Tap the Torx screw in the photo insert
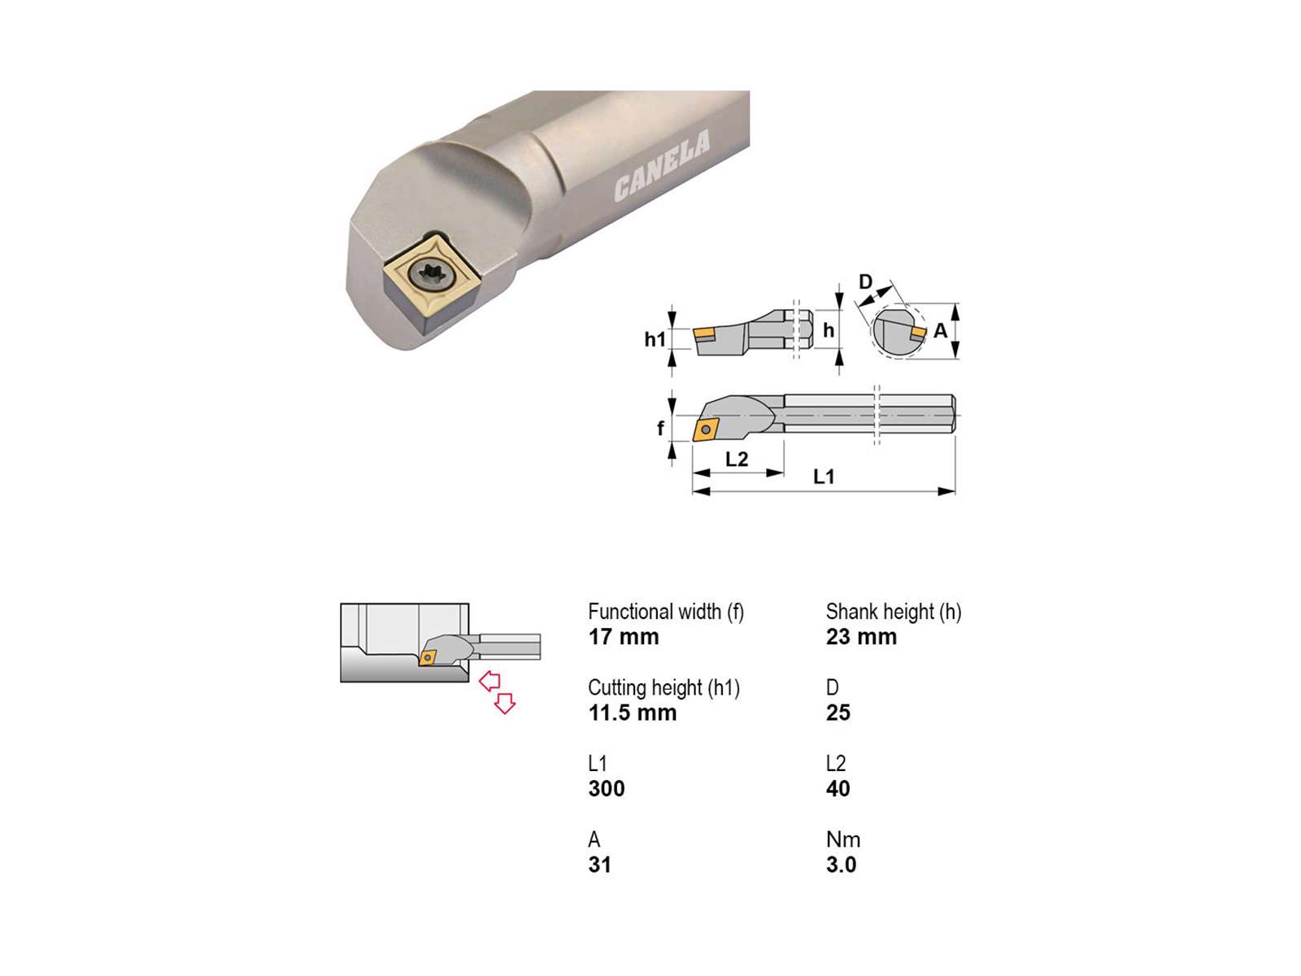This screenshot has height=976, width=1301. tap(430, 274)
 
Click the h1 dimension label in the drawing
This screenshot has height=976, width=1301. tap(655, 339)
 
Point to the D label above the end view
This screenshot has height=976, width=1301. tap(865, 281)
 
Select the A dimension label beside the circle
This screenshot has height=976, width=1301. tap(940, 331)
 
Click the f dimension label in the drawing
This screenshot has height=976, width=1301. tap(660, 427)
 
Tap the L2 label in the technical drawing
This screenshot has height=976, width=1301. tap(736, 460)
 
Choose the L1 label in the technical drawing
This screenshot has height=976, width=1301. tap(823, 476)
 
